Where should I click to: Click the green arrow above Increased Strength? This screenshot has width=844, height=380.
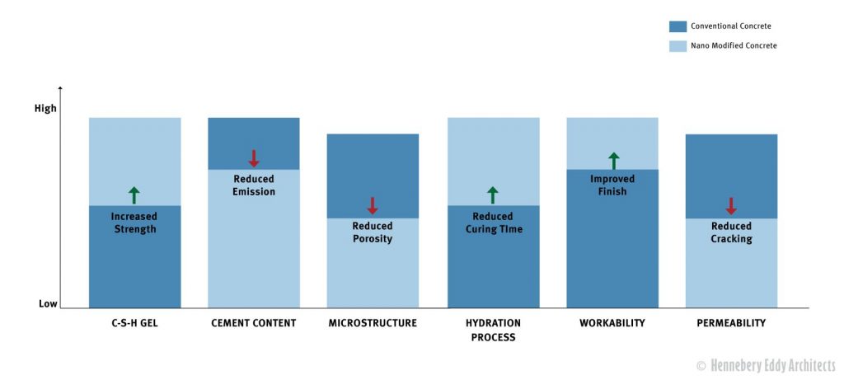[x=134, y=195]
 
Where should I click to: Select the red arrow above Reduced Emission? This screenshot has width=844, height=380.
[x=254, y=158]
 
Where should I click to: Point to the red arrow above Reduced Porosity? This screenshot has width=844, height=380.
[x=372, y=205]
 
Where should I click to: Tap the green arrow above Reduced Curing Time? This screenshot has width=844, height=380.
[x=493, y=195]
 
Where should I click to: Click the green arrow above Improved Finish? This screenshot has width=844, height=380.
[x=613, y=161]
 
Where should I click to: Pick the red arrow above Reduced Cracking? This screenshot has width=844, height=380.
[x=730, y=205]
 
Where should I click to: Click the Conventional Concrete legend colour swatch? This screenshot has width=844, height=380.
[x=678, y=26]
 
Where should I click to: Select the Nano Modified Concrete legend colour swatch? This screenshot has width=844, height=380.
[x=678, y=46]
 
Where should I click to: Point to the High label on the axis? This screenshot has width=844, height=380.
[x=45, y=109]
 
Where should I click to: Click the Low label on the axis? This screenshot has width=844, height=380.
[x=48, y=304]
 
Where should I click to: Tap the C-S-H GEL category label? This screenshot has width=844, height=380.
[x=134, y=323]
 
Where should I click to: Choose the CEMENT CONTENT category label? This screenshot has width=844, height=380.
[x=254, y=323]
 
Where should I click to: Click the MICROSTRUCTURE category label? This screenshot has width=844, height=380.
[x=373, y=323]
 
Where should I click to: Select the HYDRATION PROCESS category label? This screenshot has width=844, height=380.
[x=494, y=331]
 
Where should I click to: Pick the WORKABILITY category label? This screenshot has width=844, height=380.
[x=612, y=323]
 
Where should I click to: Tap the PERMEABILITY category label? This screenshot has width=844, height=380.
[x=731, y=323]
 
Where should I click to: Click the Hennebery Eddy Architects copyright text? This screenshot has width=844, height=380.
[x=766, y=366]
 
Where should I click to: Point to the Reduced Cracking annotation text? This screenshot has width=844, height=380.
[x=731, y=232]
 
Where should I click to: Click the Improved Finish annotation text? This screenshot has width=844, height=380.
[x=612, y=185]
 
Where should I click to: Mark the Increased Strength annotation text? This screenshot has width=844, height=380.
[x=134, y=223]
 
